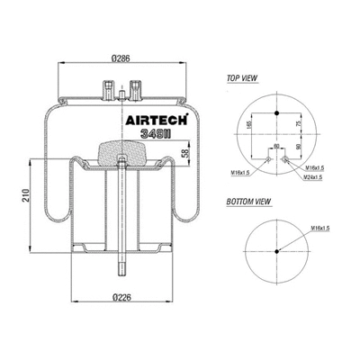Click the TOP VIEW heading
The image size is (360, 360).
tap(242, 79)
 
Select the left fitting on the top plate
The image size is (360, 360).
tap(109, 90)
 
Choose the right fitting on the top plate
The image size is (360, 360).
tap(136, 89)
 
